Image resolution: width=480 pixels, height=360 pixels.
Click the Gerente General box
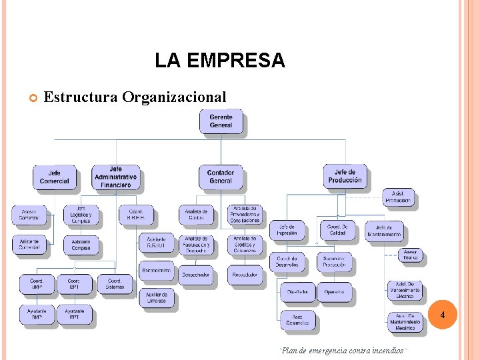click(221, 121)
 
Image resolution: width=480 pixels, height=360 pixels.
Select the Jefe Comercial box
click(54, 177)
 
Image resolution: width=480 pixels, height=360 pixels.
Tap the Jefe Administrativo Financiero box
click(115, 177)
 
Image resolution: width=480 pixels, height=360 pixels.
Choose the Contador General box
click(221, 177)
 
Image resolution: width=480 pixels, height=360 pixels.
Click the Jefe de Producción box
click(345, 176)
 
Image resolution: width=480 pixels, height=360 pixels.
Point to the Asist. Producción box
click(398, 197)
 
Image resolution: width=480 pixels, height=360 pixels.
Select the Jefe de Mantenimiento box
click(384, 231)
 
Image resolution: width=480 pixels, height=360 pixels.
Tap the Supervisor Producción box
click(333, 261)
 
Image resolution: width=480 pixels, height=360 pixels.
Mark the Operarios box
click(334, 291)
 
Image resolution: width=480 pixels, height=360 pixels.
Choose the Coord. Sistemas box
click(115, 284)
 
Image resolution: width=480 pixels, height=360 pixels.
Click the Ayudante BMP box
click(37, 314)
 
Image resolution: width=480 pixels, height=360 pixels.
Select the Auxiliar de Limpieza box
click(157, 297)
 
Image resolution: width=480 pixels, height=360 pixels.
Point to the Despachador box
click(196, 274)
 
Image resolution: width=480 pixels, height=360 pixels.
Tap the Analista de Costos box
click(196, 214)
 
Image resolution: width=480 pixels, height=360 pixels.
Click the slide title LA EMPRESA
click(219, 61)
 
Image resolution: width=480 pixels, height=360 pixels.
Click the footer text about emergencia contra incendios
click(343, 351)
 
